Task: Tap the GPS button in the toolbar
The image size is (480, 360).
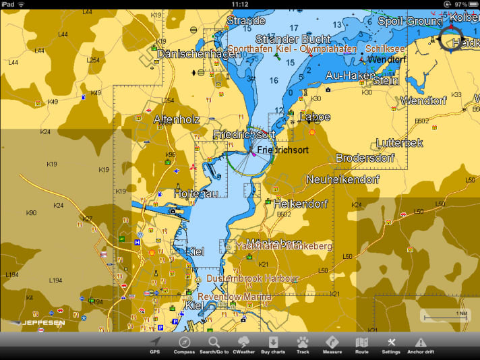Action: (155, 344)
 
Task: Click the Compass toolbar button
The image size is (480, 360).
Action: (184, 344)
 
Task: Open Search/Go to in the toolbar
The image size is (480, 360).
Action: (214, 344)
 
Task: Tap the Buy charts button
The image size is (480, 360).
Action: (273, 344)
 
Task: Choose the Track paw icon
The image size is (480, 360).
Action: (303, 344)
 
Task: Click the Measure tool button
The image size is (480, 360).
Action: (332, 344)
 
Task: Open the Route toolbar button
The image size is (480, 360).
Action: (362, 344)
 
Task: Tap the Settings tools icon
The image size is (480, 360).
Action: (391, 344)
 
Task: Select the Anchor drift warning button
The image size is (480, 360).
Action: (421, 344)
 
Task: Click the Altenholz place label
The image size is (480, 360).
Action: (177, 119)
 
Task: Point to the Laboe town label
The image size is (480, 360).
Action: (315, 117)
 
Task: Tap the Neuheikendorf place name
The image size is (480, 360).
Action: (342, 180)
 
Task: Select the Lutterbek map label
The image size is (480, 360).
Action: (399, 143)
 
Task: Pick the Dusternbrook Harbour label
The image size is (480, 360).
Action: (252, 278)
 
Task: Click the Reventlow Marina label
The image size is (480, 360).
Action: (235, 297)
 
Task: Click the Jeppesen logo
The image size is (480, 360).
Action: (42, 323)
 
